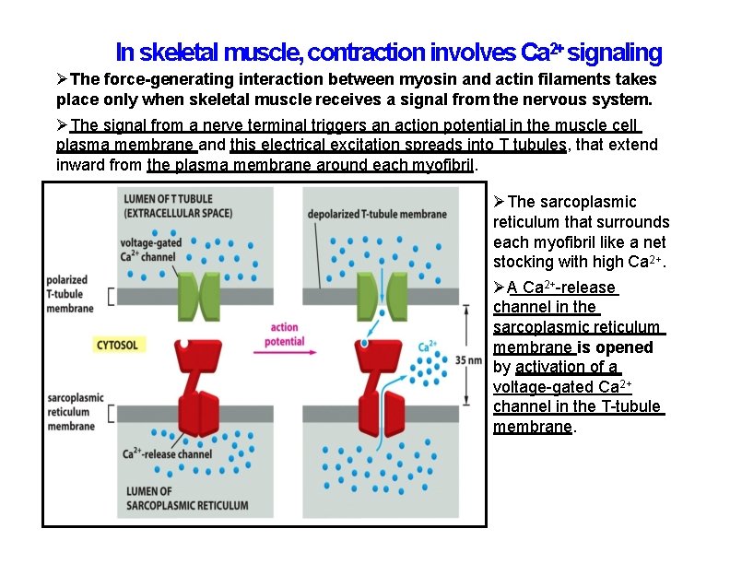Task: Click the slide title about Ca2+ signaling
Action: [x=388, y=52]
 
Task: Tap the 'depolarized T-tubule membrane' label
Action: [x=374, y=214]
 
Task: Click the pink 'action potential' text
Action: [x=284, y=335]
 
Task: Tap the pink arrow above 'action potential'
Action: [x=285, y=314]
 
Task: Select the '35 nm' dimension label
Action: [x=467, y=361]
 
